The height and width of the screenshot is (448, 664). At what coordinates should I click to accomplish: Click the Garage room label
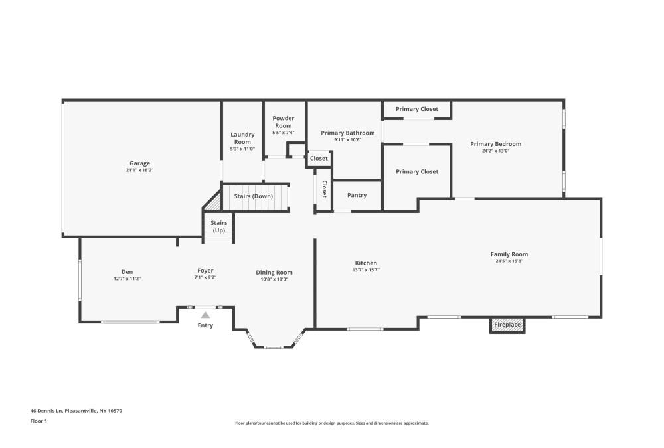click(139, 163)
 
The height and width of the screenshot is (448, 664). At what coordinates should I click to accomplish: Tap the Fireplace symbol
click(507, 325)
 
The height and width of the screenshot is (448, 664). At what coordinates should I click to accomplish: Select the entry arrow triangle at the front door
click(205, 315)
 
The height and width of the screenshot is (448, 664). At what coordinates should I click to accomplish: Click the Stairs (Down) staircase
click(254, 196)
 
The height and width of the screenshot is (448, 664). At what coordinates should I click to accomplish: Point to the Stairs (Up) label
click(219, 226)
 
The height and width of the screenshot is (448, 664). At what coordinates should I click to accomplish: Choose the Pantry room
click(357, 195)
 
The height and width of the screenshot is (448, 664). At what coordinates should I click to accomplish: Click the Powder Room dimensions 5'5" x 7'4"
click(284, 133)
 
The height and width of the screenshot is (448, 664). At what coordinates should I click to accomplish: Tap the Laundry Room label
click(242, 138)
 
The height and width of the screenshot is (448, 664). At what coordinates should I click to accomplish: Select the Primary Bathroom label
click(347, 133)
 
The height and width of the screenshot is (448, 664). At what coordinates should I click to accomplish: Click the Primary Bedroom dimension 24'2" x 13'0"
click(495, 151)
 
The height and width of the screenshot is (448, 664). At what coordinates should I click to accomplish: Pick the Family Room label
click(509, 254)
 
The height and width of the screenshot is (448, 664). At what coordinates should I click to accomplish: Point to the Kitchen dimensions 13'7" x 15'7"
click(366, 270)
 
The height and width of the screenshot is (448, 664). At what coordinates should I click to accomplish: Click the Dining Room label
click(274, 272)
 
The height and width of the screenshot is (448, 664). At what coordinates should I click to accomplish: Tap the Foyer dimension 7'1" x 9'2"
click(205, 277)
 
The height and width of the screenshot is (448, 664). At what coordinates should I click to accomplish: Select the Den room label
click(127, 271)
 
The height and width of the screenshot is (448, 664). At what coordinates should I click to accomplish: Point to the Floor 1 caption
click(39, 421)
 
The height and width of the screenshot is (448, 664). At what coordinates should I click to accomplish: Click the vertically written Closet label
click(324, 189)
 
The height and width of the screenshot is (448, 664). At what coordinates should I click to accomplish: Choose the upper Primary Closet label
click(417, 109)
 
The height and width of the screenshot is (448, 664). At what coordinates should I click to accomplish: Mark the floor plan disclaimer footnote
click(332, 423)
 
